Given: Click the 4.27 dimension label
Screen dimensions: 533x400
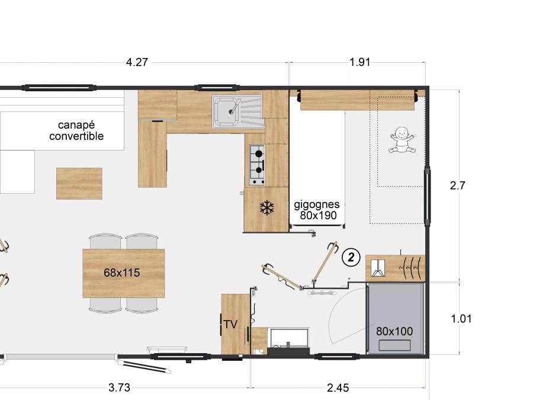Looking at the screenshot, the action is point(137,62).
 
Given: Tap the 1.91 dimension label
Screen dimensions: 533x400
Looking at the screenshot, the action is point(360,62).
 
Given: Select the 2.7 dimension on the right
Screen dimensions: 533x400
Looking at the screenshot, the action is point(458,185).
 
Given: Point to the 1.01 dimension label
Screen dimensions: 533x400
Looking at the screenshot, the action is point(461,319).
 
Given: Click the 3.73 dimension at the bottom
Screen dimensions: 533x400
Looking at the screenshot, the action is point(119,388).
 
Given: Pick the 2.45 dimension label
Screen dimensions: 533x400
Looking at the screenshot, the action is point(338,388).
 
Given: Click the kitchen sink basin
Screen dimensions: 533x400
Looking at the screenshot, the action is point(226,111).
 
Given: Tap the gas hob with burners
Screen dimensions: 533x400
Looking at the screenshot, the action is point(257,165).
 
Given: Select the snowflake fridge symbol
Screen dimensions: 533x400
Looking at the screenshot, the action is point(267,208).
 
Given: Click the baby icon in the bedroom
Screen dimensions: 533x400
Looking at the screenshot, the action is point(402,140).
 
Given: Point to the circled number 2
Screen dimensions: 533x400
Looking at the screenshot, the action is point(351,257).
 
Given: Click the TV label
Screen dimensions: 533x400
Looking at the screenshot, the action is point(230,324).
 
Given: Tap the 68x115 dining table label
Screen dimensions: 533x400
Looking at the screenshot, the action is point(121,273).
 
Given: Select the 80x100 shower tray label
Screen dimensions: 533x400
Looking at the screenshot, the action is point(394,331).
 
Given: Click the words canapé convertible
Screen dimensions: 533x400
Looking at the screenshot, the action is point(76,130).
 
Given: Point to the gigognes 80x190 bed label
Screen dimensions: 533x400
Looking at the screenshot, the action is point(317,210).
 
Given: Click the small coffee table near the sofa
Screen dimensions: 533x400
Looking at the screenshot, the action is point(79,184).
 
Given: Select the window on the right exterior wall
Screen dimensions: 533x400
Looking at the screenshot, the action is point(428,196).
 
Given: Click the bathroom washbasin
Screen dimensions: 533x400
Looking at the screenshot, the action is point(288,338).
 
